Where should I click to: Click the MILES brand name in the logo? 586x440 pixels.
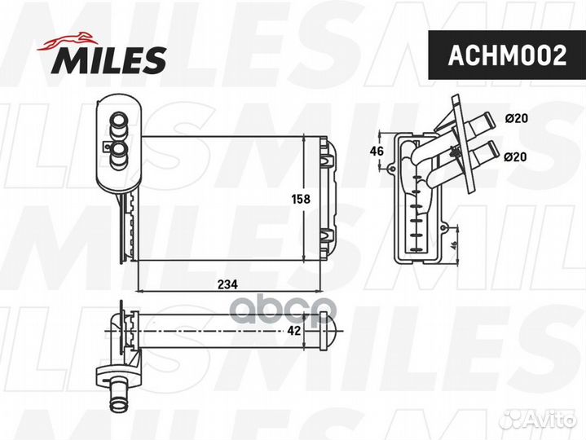(110, 59)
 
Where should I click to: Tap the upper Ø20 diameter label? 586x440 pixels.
(517, 118)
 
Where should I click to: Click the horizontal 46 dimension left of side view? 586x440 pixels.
(377, 152)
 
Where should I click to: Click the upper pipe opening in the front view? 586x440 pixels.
(117, 121)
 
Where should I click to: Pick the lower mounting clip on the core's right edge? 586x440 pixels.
(328, 238)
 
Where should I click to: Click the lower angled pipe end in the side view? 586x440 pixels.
(486, 152)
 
